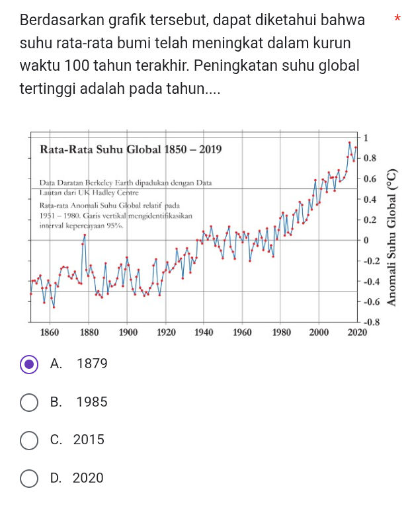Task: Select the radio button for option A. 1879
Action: (x=29, y=364)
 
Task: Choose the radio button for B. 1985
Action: (x=29, y=402)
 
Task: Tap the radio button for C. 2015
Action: (x=29, y=440)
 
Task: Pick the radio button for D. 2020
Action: (x=29, y=478)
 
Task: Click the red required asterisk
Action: (x=397, y=19)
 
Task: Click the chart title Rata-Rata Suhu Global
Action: (x=132, y=149)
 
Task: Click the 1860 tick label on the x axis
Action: (x=50, y=332)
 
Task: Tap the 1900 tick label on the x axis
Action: (x=128, y=332)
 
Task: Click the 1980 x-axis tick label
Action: (x=281, y=332)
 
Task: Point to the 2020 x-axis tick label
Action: (x=356, y=332)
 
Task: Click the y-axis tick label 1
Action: (x=366, y=137)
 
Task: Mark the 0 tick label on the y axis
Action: (x=365, y=240)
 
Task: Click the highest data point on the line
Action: (x=350, y=142)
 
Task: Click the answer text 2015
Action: (x=90, y=440)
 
